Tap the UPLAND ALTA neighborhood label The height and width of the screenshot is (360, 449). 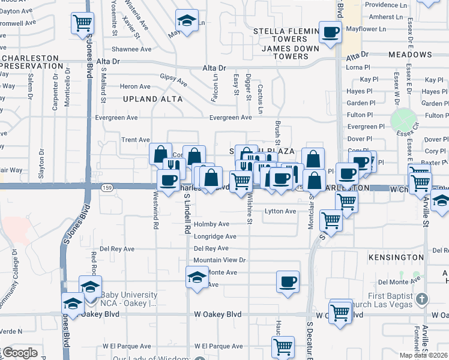pyautogui.click(x=148, y=98)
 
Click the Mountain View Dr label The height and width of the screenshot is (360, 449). pyautogui.click(x=220, y=260)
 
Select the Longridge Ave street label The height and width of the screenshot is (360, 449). pyautogui.click(x=215, y=236)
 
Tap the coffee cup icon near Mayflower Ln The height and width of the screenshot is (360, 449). pyautogui.click(x=330, y=32)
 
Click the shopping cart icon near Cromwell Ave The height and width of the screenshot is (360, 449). pyautogui.click(x=82, y=23)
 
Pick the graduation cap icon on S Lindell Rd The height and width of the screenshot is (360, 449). pyautogui.click(x=196, y=277)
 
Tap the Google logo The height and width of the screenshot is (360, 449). pyautogui.click(x=20, y=353)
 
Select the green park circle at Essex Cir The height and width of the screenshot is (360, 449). pyautogui.click(x=403, y=121)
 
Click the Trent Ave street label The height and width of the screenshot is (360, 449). pyautogui.click(x=135, y=140)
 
